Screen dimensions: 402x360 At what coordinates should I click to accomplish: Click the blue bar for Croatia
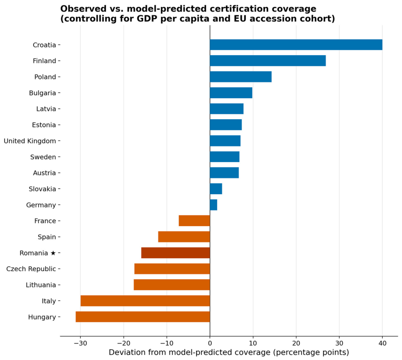pyautogui.click(x=296, y=45)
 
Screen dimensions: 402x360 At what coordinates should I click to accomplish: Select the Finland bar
pyautogui.click(x=268, y=61)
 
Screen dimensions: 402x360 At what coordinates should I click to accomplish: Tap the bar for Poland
pyautogui.click(x=241, y=77)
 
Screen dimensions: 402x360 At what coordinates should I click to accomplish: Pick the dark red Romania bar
pyautogui.click(x=176, y=253)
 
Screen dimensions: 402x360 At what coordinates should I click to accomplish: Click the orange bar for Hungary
pyautogui.click(x=143, y=317)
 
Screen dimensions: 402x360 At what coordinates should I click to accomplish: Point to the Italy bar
pyautogui.click(x=145, y=301)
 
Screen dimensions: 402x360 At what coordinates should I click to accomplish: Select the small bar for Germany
pyautogui.click(x=213, y=205)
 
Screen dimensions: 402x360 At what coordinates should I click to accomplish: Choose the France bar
pyautogui.click(x=194, y=221)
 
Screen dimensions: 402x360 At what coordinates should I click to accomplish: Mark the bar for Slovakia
pyautogui.click(x=216, y=189)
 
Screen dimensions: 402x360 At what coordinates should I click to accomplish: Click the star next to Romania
pyautogui.click(x=53, y=253)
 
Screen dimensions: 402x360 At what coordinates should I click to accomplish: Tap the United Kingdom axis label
pyautogui.click(x=30, y=141)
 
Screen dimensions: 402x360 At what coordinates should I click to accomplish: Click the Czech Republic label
pyautogui.click(x=31, y=269)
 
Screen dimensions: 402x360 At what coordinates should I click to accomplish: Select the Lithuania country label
pyautogui.click(x=41, y=285)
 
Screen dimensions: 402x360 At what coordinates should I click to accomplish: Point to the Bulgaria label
pyautogui.click(x=42, y=93)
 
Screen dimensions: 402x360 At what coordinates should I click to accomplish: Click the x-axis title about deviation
pyautogui.click(x=229, y=352)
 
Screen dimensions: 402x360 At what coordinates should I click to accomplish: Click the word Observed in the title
pyautogui.click(x=80, y=9)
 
